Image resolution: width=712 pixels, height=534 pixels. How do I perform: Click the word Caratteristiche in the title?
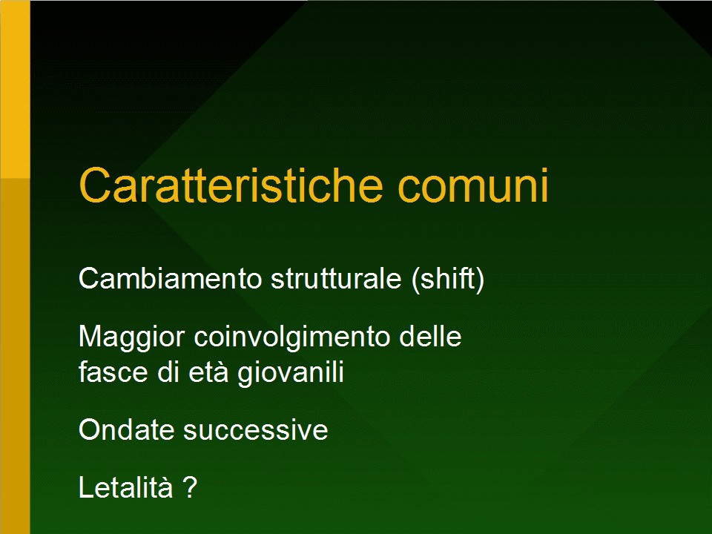click(x=231, y=185)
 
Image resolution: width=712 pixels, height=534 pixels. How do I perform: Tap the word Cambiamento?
click(x=171, y=278)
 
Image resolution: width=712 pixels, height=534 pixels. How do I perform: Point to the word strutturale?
click(x=336, y=278)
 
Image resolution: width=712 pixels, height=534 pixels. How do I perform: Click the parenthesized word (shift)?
click(x=448, y=279)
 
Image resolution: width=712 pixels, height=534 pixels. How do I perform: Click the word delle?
click(x=430, y=337)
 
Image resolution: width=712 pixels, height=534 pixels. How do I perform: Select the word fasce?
click(x=113, y=372)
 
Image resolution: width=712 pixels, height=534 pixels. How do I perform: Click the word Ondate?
click(x=126, y=429)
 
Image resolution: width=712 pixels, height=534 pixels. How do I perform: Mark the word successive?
click(x=255, y=430)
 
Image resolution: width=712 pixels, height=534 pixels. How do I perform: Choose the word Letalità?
click(x=126, y=487)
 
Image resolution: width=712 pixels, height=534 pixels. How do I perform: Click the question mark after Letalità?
click(x=191, y=487)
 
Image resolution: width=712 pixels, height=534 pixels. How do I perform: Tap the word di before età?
click(x=168, y=372)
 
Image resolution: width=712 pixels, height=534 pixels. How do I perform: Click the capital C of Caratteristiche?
click(x=95, y=185)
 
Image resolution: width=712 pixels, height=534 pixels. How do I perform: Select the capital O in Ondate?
click(x=90, y=429)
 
